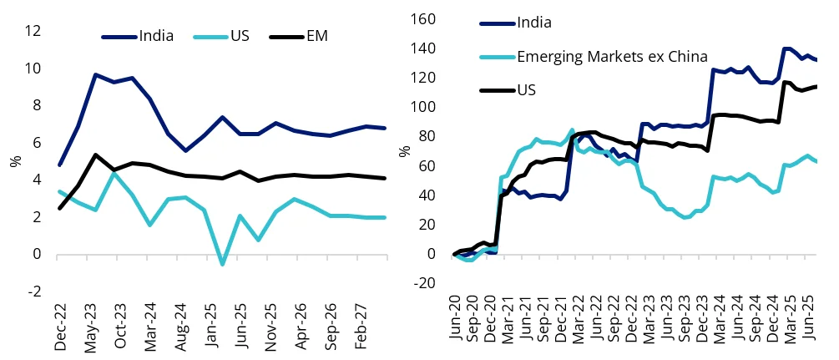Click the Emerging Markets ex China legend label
[x=613, y=56]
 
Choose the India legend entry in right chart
[x=534, y=23]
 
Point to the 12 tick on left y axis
[x=33, y=31]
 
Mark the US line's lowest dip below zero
[x=223, y=264]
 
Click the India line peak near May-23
[x=96, y=75]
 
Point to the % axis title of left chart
[x=13, y=160]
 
